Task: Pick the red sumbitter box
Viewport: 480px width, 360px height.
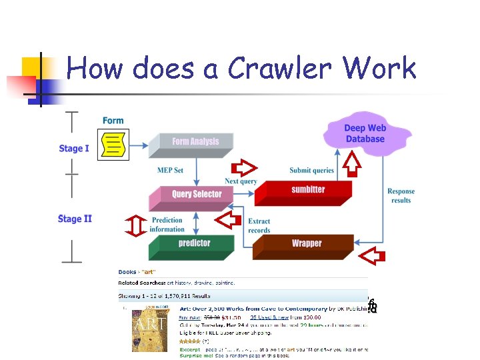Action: pyautogui.click(x=307, y=190)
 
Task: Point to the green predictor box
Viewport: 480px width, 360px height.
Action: pyautogui.click(x=193, y=244)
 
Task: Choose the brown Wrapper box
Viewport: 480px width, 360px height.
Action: pyautogui.click(x=305, y=244)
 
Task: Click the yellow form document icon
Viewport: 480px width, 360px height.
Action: pyautogui.click(x=113, y=144)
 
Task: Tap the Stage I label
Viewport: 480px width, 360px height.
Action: pyautogui.click(x=73, y=148)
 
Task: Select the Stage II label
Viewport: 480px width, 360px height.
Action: pyautogui.click(x=75, y=219)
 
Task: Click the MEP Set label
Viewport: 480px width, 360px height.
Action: pyautogui.click(x=170, y=170)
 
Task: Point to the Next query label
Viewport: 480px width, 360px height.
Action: pyautogui.click(x=241, y=181)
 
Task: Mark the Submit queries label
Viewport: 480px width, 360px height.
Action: pyautogui.click(x=311, y=170)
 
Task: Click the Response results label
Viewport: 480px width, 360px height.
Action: pyautogui.click(x=401, y=196)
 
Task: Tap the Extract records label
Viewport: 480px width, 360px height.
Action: pyautogui.click(x=259, y=226)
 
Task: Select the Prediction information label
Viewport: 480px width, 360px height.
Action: pyautogui.click(x=167, y=225)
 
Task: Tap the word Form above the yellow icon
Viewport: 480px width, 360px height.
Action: pyautogui.click(x=113, y=121)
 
